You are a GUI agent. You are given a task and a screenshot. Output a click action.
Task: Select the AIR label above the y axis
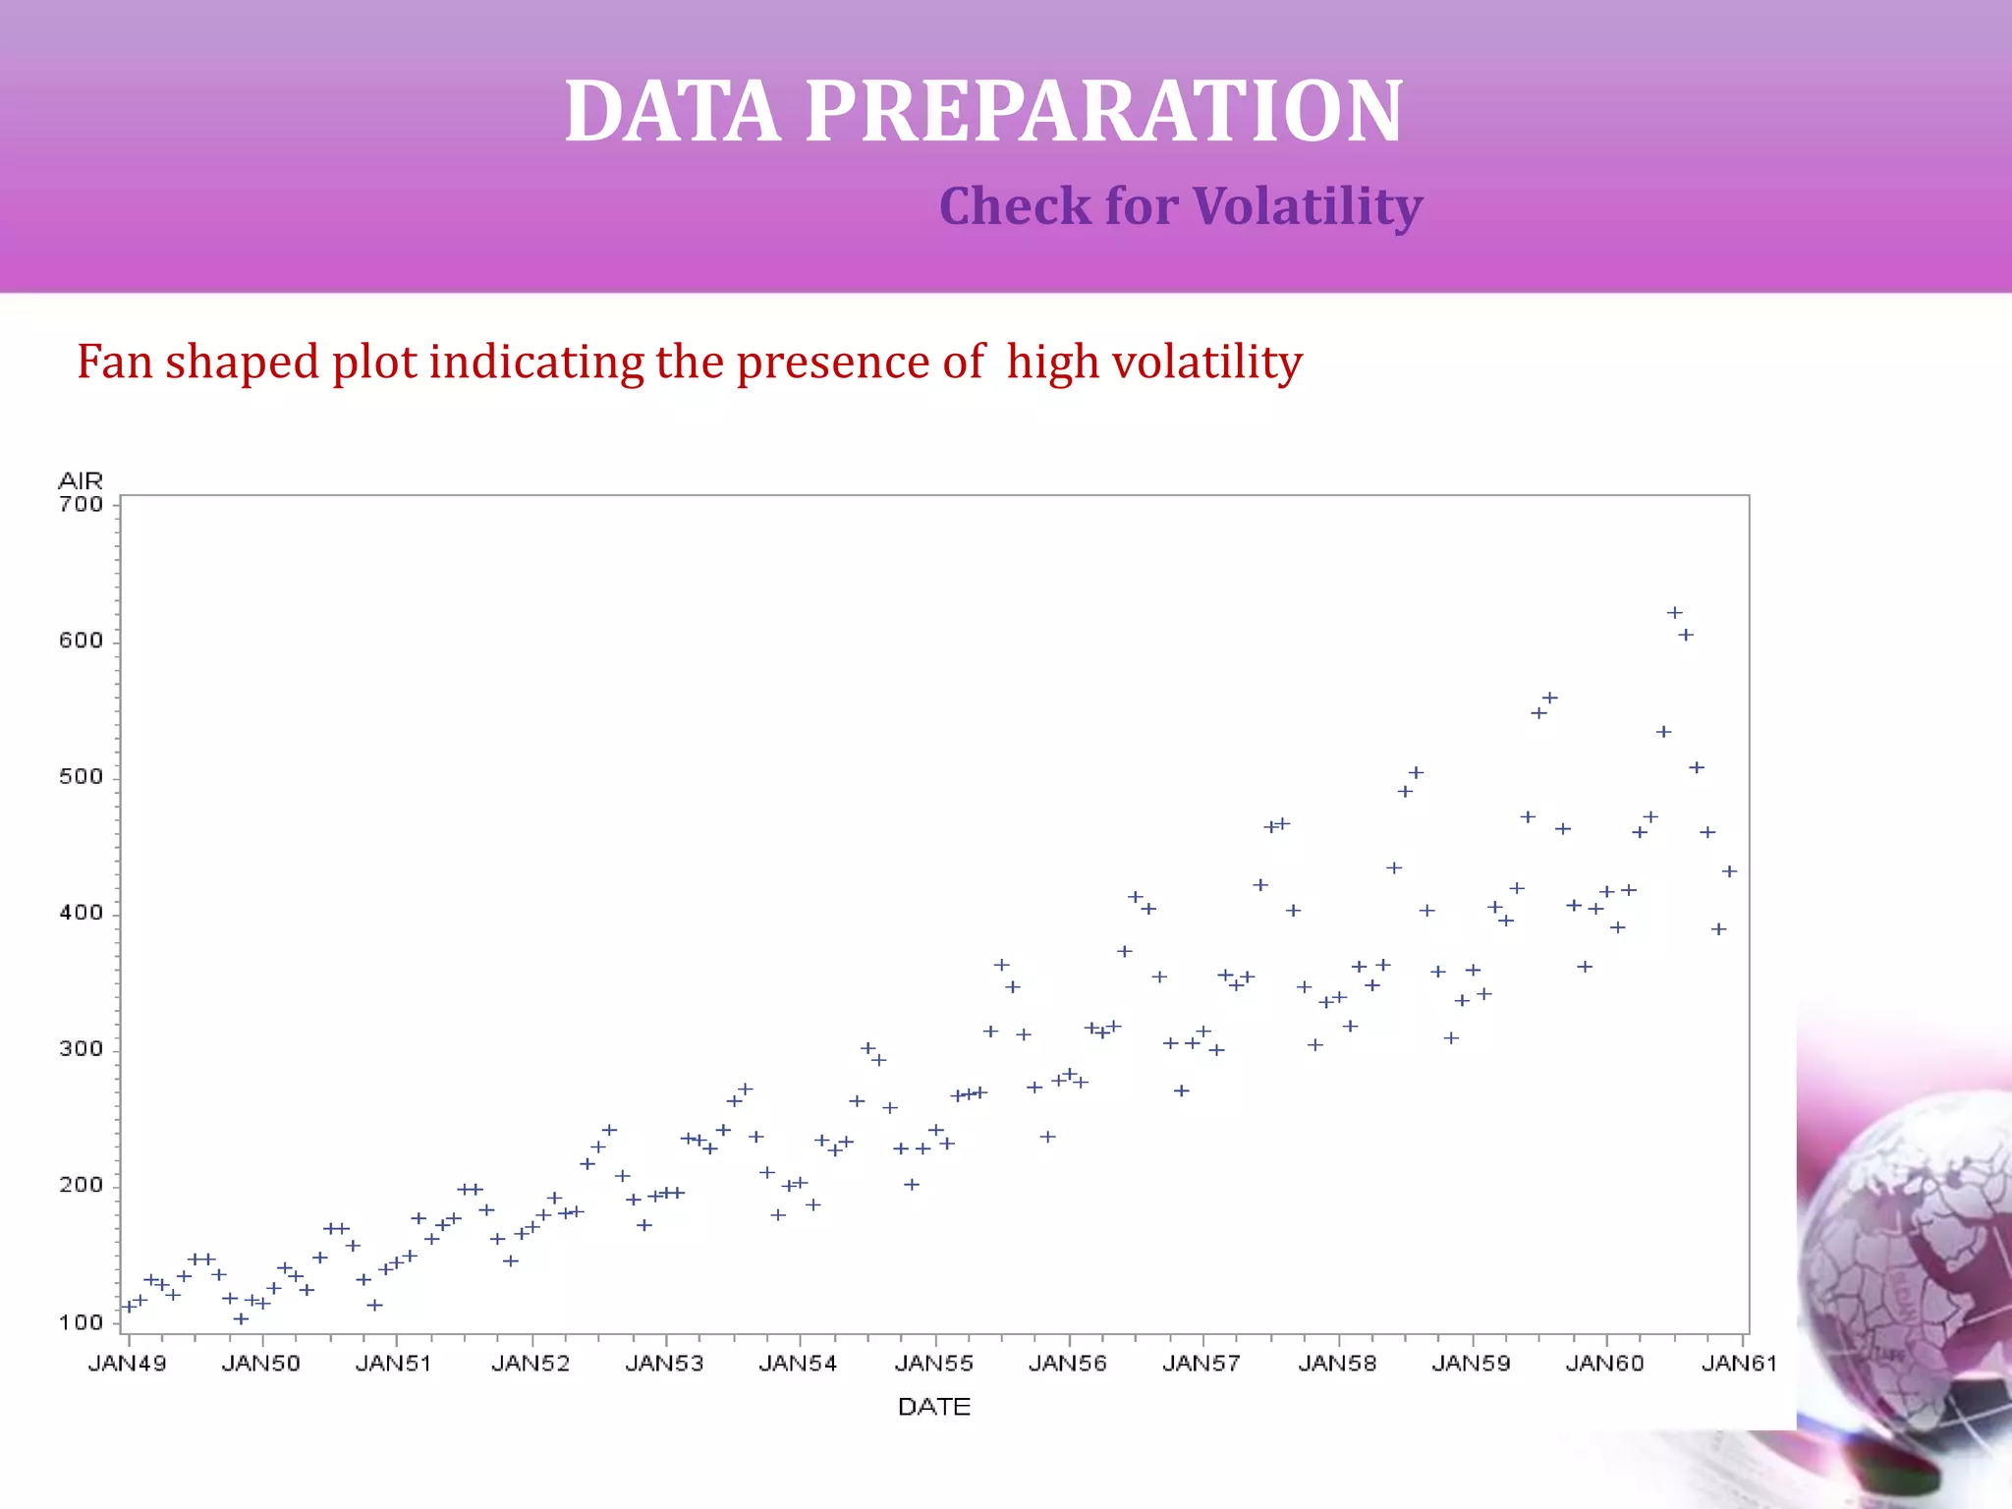pyautogui.click(x=81, y=480)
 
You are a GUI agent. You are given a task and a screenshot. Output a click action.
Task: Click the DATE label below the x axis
pyautogui.click(x=933, y=1406)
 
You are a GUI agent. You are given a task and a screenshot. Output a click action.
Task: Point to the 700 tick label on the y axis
pyautogui.click(x=81, y=505)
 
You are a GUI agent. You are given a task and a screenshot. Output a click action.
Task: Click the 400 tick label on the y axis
pyautogui.click(x=81, y=913)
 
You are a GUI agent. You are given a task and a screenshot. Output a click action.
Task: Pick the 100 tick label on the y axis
pyautogui.click(x=81, y=1322)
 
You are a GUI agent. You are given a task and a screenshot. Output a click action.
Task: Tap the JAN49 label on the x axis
pyautogui.click(x=127, y=1364)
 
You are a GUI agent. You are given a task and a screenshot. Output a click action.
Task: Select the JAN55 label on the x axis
pyautogui.click(x=933, y=1364)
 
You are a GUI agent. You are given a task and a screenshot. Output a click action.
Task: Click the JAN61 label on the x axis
pyautogui.click(x=1739, y=1364)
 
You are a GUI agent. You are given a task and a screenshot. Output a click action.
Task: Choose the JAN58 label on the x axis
pyautogui.click(x=1337, y=1364)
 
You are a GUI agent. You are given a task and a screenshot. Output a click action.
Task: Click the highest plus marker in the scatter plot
pyautogui.click(x=1675, y=612)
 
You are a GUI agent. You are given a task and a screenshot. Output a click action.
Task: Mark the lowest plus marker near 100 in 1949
pyautogui.click(x=241, y=1318)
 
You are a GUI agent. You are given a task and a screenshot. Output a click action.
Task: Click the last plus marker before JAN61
pyautogui.click(x=1730, y=871)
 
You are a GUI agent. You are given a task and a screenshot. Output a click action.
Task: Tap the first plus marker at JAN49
pyautogui.click(x=128, y=1307)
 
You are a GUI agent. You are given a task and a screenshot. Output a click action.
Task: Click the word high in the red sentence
pyautogui.click(x=1052, y=362)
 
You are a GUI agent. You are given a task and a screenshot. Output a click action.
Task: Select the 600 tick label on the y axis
pyautogui.click(x=81, y=641)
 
